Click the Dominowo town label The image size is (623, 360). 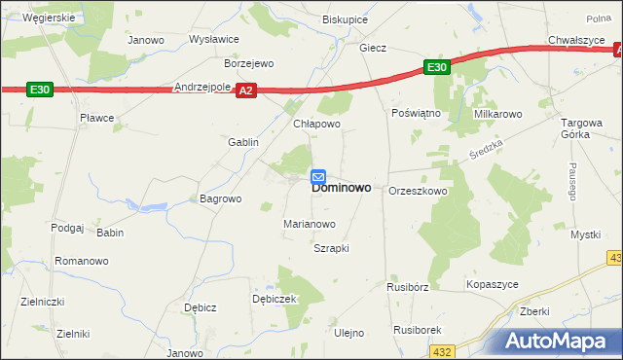pyautogui.click(x=341, y=188)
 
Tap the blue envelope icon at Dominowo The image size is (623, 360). pyautogui.click(x=318, y=177)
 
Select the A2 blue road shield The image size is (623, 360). pyautogui.click(x=245, y=90)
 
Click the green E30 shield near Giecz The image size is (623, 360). pyautogui.click(x=436, y=67)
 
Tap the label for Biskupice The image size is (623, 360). pyautogui.click(x=346, y=18)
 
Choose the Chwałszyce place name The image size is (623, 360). pyautogui.click(x=577, y=40)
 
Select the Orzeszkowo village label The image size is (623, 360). pyautogui.click(x=418, y=191)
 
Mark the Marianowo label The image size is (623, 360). pyautogui.click(x=310, y=224)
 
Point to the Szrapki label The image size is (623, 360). pyautogui.click(x=331, y=248)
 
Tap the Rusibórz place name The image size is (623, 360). pyautogui.click(x=407, y=287)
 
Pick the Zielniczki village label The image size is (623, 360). pyautogui.click(x=43, y=302)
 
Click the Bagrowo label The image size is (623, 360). pyautogui.click(x=220, y=198)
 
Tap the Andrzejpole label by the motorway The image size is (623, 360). pyautogui.click(x=202, y=87)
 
